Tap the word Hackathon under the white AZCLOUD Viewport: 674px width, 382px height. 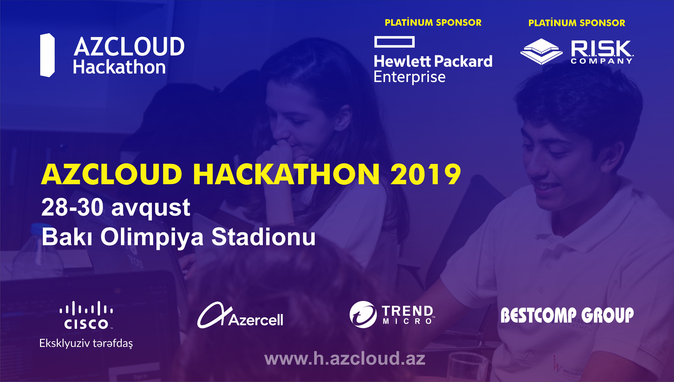pyautogui.click(x=119, y=67)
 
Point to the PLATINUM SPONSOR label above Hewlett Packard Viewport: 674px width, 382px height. pyautogui.click(x=433, y=23)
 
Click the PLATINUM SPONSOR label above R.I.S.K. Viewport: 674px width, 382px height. pyautogui.click(x=577, y=23)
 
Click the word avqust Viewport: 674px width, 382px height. pyautogui.click(x=151, y=209)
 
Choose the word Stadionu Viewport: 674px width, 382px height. pyautogui.click(x=263, y=237)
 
